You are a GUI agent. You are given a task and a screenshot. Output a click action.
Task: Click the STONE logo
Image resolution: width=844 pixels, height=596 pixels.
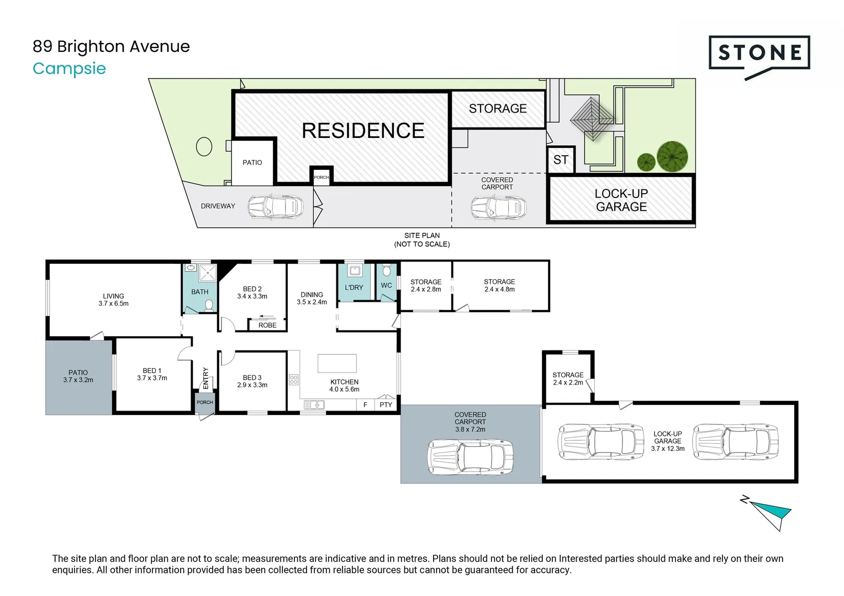click(x=759, y=54)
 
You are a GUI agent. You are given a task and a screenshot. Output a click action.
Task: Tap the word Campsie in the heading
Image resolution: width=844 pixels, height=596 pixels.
click(x=69, y=68)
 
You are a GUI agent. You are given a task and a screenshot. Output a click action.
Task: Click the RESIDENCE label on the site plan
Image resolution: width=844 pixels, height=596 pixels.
click(x=363, y=131)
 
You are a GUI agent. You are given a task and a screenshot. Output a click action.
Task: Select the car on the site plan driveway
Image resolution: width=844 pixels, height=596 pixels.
click(x=275, y=207)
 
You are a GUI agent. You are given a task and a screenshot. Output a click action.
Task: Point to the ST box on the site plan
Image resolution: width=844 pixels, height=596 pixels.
click(x=561, y=160)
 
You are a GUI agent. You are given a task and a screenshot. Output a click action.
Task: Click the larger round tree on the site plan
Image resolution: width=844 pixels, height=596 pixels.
click(x=672, y=156)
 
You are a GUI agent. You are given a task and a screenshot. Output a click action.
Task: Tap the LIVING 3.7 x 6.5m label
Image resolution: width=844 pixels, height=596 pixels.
click(x=113, y=300)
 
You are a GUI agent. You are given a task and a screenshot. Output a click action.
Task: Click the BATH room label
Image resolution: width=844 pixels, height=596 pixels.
click(x=199, y=292)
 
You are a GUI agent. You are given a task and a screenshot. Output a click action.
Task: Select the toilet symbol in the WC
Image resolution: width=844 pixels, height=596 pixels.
click(x=386, y=271)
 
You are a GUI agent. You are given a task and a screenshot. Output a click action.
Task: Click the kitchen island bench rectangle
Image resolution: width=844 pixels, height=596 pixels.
click(x=337, y=363)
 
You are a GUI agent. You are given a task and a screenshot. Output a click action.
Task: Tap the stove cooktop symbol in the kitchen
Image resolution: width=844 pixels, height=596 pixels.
click(x=294, y=379)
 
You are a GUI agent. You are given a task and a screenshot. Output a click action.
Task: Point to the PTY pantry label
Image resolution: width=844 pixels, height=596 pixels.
click(x=386, y=405)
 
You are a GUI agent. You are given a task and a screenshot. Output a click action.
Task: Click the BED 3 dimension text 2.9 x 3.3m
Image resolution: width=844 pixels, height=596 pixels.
click(x=252, y=385)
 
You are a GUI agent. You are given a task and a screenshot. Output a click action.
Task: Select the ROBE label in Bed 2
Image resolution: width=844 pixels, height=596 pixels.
click(x=267, y=325)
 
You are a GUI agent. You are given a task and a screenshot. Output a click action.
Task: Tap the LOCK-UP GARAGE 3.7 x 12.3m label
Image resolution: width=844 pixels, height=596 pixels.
click(x=667, y=441)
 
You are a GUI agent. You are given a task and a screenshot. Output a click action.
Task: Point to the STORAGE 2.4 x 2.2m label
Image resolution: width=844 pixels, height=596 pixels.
click(x=568, y=379)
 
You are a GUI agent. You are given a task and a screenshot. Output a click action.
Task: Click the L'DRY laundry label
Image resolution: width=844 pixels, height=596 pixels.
click(x=354, y=288)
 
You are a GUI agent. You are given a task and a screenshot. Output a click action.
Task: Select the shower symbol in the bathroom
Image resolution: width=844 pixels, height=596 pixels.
click(x=208, y=272)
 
